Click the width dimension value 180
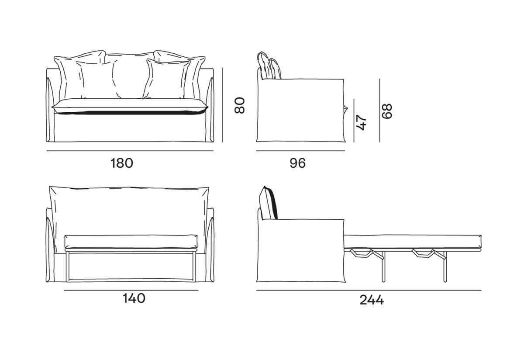(122, 163)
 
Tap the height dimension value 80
(240, 105)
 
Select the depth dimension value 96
(297, 163)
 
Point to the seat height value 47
(361, 122)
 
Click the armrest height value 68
(386, 111)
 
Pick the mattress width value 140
(134, 298)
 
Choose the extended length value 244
(372, 300)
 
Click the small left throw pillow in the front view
(98, 80)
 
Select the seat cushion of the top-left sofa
(130, 107)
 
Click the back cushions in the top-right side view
(269, 65)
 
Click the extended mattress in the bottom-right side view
(413, 241)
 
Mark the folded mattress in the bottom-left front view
(131, 242)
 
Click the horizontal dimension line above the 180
(130, 151)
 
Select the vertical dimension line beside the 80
(223, 105)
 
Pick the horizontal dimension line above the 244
(369, 291)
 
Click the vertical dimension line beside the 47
(354, 120)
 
